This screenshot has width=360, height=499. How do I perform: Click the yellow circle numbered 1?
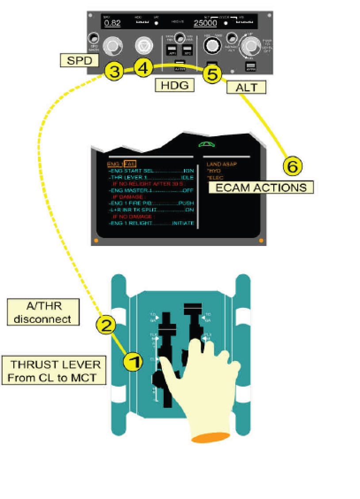pyautogui.click(x=132, y=362)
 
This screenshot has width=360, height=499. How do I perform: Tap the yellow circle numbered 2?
pyautogui.click(x=106, y=326)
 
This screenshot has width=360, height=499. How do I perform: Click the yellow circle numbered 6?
pyautogui.click(x=292, y=167)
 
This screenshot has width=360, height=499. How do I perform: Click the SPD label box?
pyautogui.click(x=79, y=61)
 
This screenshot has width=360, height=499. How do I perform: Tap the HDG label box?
pyautogui.click(x=175, y=84)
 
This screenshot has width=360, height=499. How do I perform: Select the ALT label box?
pyautogui.click(x=246, y=87)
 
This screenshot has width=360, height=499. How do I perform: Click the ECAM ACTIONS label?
pyautogui.click(x=261, y=187)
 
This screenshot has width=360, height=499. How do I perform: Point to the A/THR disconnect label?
pyautogui.click(x=42, y=312)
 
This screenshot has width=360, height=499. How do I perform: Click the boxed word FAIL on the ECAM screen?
pyautogui.click(x=130, y=164)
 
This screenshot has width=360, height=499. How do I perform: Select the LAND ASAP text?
pyautogui.click(x=222, y=164)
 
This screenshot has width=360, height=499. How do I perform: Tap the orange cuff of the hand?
pyautogui.click(x=211, y=438)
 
